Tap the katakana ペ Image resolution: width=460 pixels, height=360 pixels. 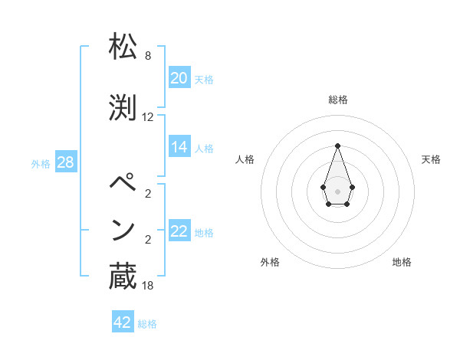click(123, 185)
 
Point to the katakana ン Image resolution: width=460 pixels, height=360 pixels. click(123, 229)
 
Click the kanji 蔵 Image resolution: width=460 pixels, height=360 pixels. click(123, 277)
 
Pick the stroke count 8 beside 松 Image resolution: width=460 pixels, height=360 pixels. click(148, 56)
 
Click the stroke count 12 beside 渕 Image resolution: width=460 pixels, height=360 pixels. click(148, 117)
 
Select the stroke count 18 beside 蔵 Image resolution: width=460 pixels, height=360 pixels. click(148, 286)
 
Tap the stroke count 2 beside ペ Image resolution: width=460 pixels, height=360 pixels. click(148, 194)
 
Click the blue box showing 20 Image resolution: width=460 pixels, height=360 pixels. click(179, 78)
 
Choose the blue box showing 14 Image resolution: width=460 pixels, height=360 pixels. click(179, 147)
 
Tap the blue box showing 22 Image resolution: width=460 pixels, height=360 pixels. click(179, 231)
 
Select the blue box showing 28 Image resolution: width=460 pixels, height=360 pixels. click(65, 162)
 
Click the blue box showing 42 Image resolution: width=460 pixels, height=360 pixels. click(123, 322)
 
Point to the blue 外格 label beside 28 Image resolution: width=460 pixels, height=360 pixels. click(41, 163)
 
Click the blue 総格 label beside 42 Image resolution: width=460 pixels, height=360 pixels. click(147, 324)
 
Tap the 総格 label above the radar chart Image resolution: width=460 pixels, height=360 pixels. click(337, 100)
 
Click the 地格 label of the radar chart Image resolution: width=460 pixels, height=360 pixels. click(402, 262)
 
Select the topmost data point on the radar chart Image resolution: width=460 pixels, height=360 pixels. click(337, 146)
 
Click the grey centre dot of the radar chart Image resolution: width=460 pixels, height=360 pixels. click(337, 191)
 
